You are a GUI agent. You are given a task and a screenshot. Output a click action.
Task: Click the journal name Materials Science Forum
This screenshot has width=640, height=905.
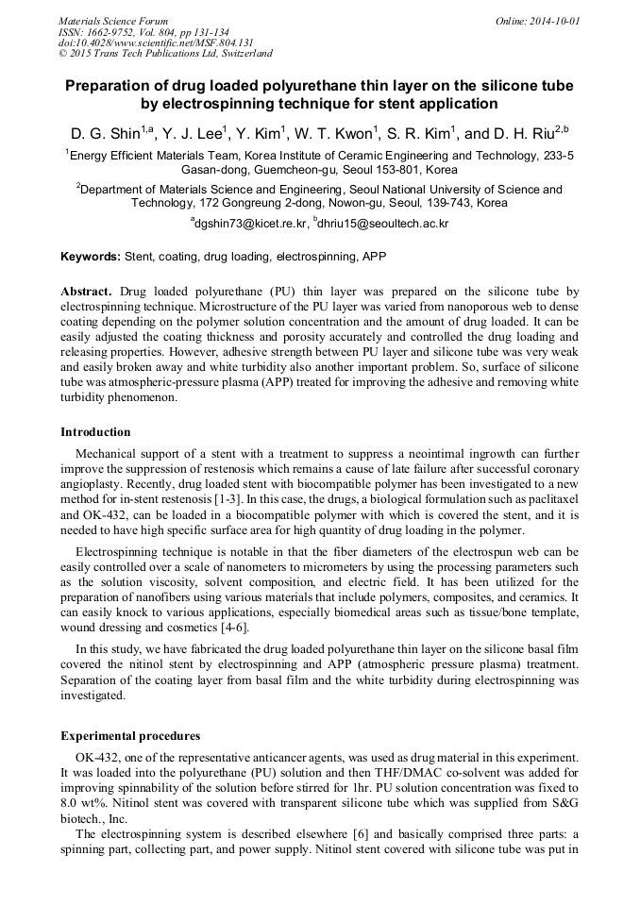(113, 20)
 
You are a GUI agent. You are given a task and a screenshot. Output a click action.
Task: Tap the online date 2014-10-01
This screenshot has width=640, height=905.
(551, 20)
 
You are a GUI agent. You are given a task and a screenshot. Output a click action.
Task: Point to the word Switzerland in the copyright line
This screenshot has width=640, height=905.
(242, 54)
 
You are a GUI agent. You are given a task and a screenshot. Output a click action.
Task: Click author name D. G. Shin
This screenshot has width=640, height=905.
(105, 133)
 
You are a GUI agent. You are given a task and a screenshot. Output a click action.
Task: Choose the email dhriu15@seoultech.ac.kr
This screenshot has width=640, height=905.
(384, 224)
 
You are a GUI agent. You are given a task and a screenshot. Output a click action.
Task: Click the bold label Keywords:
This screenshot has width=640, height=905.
(91, 256)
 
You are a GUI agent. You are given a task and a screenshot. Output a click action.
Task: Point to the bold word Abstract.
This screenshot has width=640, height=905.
(86, 293)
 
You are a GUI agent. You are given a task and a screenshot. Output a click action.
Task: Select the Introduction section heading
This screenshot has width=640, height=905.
(95, 432)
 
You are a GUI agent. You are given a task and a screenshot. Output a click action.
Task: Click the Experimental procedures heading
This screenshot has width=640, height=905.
(130, 735)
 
